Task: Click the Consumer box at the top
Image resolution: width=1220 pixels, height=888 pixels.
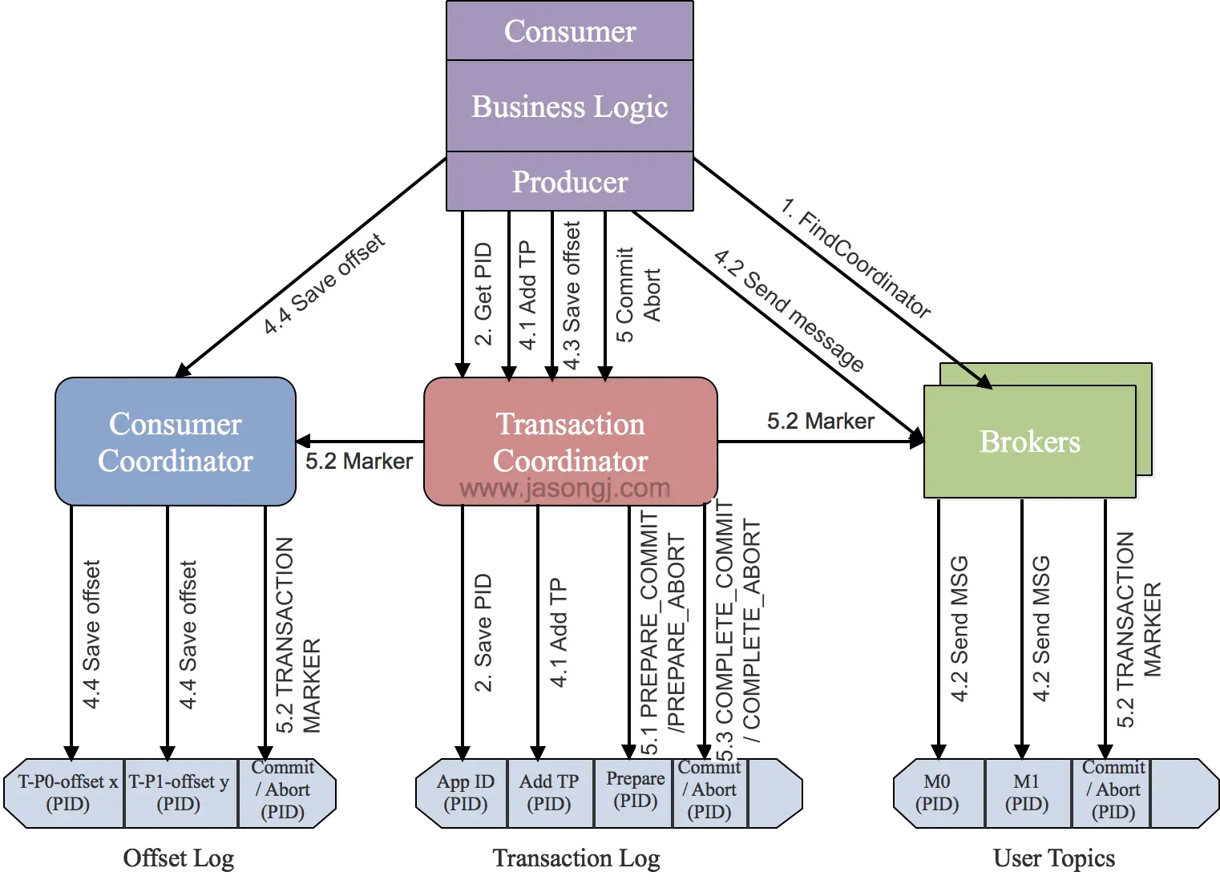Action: click(570, 30)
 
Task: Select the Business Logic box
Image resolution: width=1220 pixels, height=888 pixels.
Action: click(570, 106)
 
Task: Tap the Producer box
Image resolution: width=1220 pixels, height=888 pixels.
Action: click(570, 181)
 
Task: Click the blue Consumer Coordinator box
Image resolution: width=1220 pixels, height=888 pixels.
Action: click(176, 442)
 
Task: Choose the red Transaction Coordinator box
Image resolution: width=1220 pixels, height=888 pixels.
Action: click(570, 442)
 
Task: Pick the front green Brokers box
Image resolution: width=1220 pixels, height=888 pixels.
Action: click(1030, 442)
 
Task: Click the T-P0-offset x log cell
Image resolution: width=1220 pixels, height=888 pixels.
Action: click(66, 793)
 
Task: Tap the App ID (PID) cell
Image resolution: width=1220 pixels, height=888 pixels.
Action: click(464, 793)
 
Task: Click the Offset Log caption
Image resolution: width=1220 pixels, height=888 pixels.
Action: click(179, 858)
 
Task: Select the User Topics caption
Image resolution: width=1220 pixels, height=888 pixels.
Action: click(1054, 858)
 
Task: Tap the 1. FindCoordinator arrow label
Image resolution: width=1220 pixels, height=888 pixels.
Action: click(855, 258)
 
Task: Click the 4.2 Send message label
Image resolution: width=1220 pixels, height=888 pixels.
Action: click(789, 310)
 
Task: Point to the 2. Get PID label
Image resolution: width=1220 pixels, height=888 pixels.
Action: click(483, 294)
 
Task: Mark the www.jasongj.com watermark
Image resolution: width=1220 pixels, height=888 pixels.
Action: click(565, 488)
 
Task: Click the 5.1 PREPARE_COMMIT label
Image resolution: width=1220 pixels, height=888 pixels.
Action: click(649, 632)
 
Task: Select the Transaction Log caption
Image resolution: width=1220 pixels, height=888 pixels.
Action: click(576, 858)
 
